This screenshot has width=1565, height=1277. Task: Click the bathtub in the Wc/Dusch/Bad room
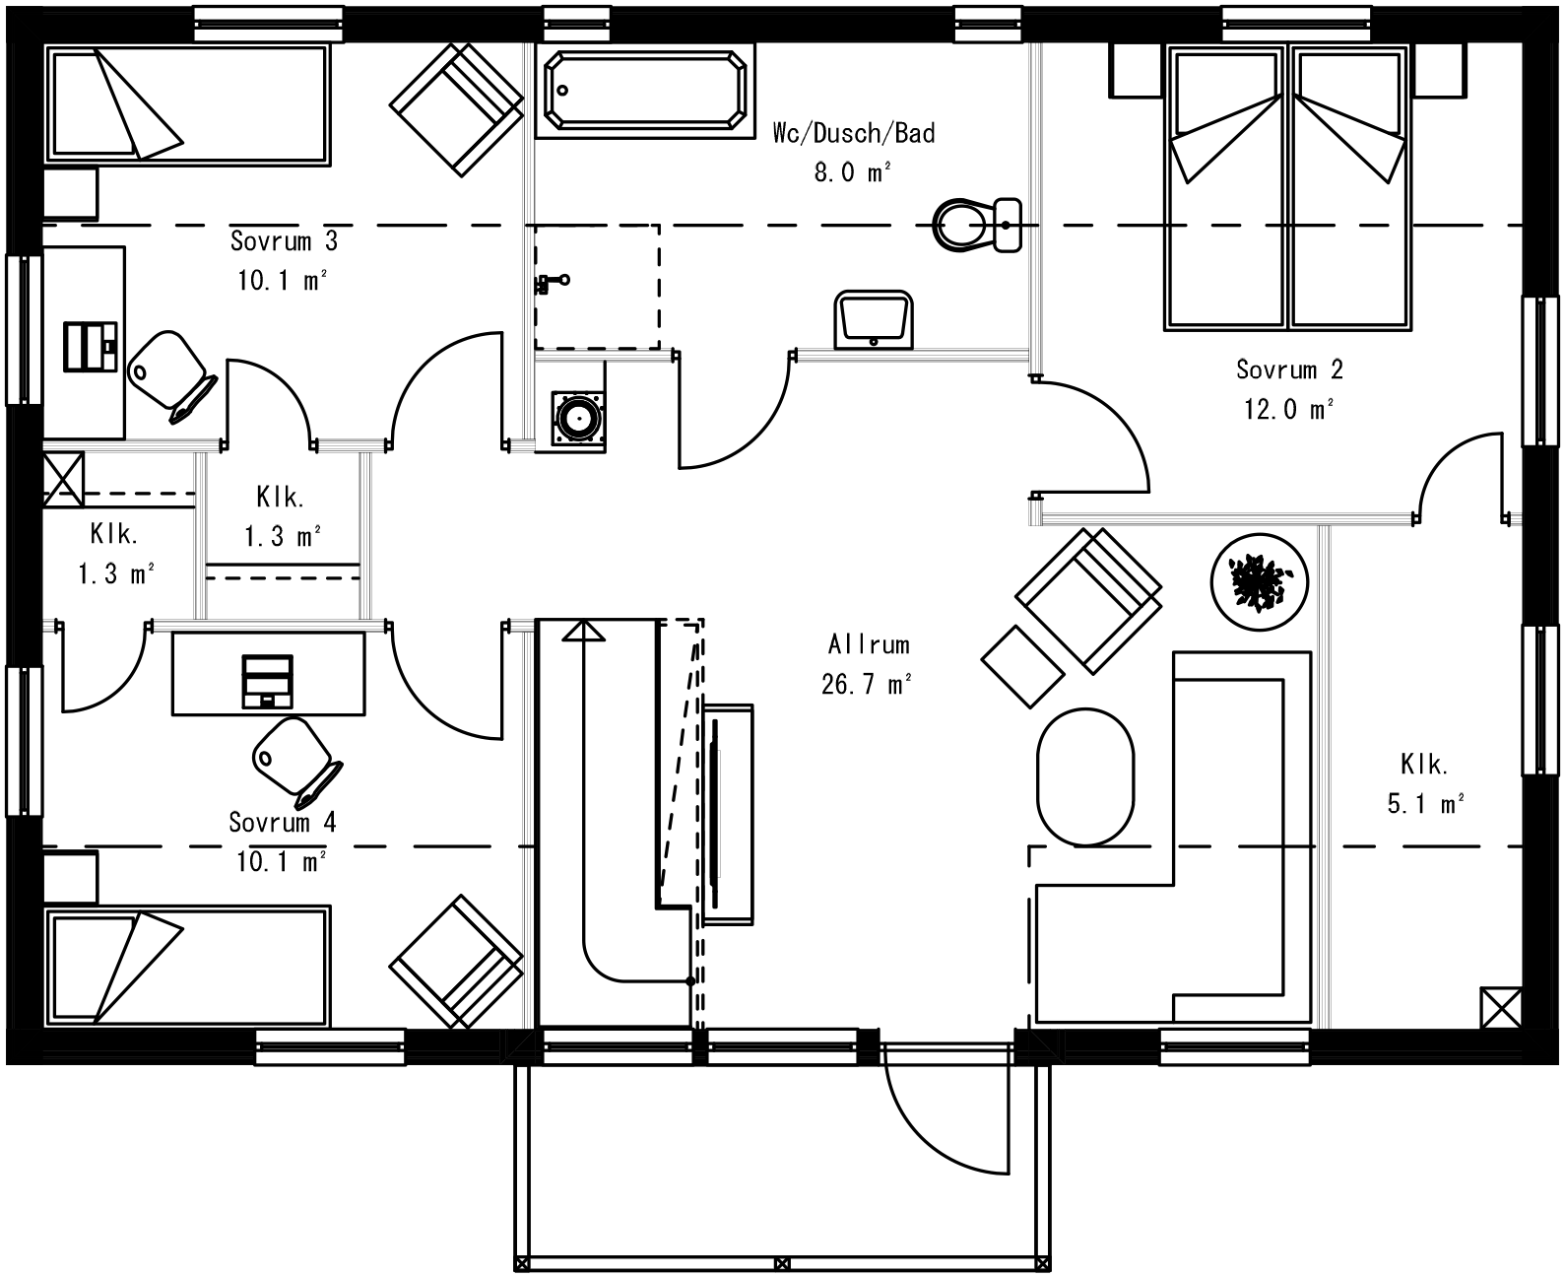point(645,90)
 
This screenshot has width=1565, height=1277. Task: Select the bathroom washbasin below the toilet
point(873,318)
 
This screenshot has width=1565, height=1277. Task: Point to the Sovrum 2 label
point(1289,370)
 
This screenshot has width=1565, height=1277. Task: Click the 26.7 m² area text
point(866,683)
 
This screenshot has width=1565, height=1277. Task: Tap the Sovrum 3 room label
point(284,241)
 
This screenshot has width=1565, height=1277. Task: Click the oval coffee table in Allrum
point(1085,776)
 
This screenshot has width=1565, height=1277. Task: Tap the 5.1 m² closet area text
point(1425,803)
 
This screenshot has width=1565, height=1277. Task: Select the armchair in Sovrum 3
point(456,108)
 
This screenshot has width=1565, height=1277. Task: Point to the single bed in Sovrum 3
point(187,106)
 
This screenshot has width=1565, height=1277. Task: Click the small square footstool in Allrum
point(1022,665)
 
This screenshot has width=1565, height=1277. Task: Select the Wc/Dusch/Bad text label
point(853,134)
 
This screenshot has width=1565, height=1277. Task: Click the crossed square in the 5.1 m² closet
point(1501,1007)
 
